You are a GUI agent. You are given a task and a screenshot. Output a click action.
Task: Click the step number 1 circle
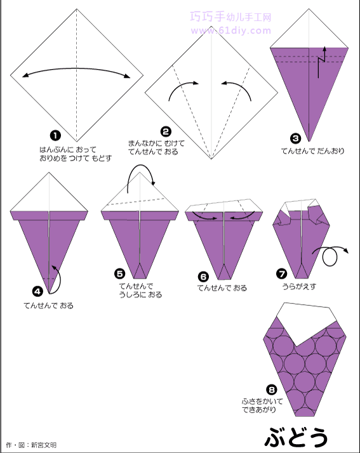click(x=55, y=135)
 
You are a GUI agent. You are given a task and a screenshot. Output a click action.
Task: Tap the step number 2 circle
click(x=166, y=132)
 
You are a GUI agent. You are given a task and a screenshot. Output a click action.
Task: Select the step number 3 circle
click(x=295, y=138)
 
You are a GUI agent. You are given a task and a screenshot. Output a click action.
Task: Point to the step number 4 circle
click(x=38, y=291)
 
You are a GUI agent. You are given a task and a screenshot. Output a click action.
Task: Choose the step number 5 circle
click(x=120, y=273)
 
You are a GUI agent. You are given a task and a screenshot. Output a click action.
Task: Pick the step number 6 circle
click(x=203, y=277)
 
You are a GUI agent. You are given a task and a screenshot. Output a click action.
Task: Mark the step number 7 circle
click(x=282, y=273)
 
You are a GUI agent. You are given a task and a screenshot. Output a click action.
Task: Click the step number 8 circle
click(x=272, y=390)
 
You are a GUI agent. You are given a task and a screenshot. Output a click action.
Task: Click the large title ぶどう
click(x=296, y=437)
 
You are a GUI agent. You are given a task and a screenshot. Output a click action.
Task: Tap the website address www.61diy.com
click(x=230, y=30)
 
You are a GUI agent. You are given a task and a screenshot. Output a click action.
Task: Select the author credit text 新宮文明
click(x=44, y=445)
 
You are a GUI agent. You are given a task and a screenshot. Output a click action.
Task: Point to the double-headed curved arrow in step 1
click(x=77, y=69)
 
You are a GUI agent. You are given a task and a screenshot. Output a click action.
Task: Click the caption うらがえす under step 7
click(x=299, y=287)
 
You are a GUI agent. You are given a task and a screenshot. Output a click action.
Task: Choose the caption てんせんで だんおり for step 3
click(x=313, y=151)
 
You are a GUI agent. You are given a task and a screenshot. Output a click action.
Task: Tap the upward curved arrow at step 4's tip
click(x=57, y=279)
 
